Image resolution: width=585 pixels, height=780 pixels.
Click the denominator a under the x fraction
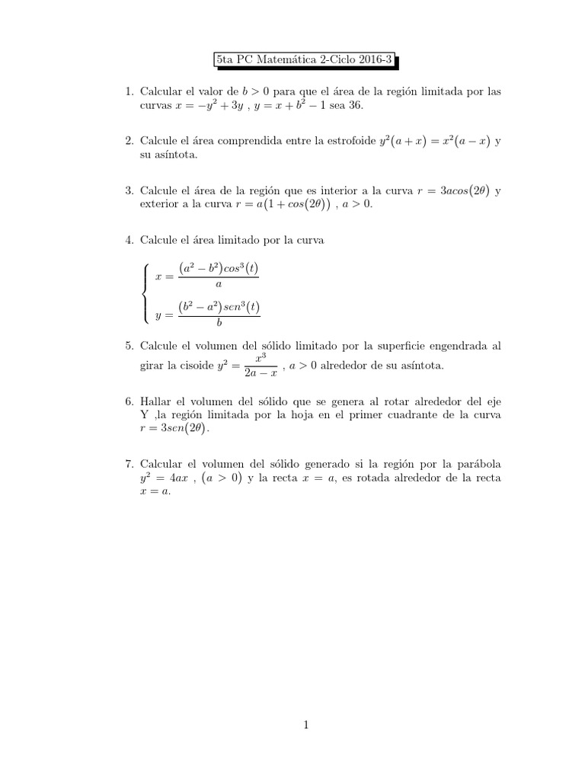[x=219, y=283]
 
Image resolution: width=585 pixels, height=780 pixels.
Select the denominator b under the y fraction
[x=219, y=321]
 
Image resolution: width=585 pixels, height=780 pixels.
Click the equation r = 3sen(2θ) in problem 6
[x=174, y=429]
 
